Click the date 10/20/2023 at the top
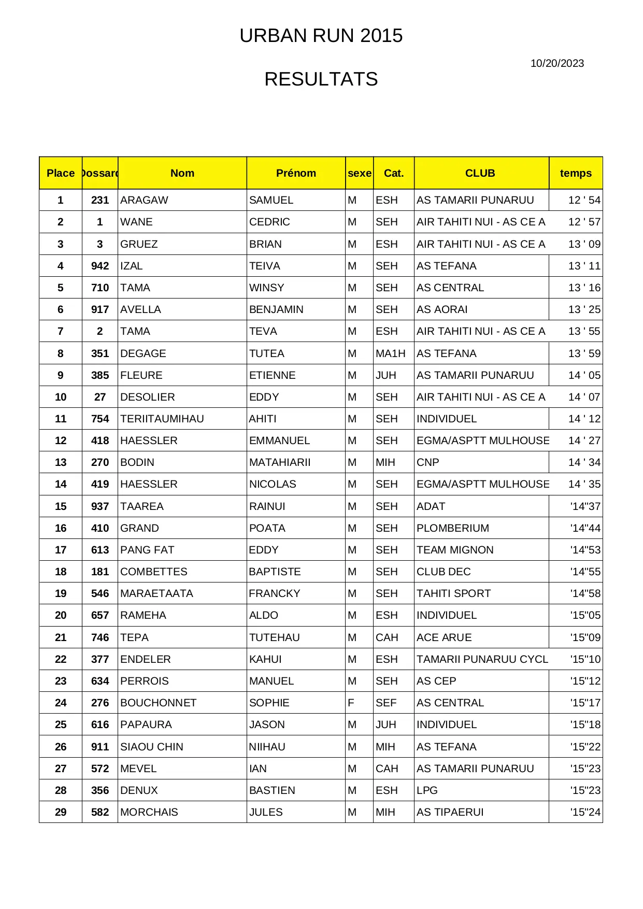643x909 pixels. click(x=557, y=63)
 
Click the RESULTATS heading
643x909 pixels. click(x=321, y=79)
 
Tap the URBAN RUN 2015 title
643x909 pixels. click(x=321, y=36)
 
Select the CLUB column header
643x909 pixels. click(x=480, y=173)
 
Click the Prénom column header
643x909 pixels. click(x=296, y=173)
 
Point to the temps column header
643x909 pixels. click(x=576, y=173)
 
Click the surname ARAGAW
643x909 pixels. click(x=144, y=200)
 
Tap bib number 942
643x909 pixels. click(x=100, y=266)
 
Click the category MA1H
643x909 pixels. click(x=391, y=353)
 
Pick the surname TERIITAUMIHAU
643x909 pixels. click(x=162, y=419)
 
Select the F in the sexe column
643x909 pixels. click(x=351, y=703)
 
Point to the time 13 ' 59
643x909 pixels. click(x=584, y=353)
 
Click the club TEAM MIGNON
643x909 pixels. click(x=455, y=550)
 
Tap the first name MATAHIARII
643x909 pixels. click(x=280, y=462)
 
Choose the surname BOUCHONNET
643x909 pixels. click(x=159, y=703)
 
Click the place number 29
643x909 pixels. click(x=61, y=812)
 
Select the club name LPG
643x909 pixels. click(x=427, y=790)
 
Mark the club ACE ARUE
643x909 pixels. click(x=444, y=637)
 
